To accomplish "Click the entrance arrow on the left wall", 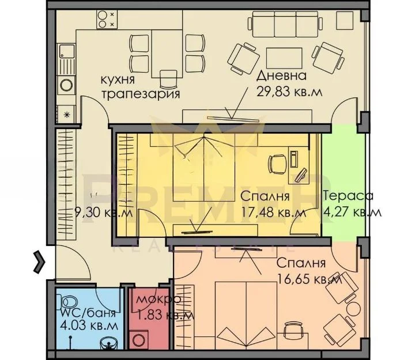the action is [39, 262].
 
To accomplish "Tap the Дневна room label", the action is [281, 76].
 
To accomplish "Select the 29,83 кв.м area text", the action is [289, 92].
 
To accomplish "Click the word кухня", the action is [118, 80].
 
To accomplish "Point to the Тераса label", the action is [348, 196].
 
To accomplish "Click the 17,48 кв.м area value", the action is [273, 212].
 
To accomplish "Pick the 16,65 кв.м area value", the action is [309, 279].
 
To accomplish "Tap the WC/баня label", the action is [88, 313].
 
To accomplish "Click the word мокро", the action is [159, 300].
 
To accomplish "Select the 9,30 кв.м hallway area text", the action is [103, 213].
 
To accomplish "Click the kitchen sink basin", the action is [66, 51].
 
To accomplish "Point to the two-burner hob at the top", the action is [107, 20].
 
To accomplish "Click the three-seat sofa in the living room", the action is [285, 24].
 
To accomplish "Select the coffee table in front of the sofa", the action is [284, 58].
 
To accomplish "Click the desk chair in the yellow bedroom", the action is [277, 164].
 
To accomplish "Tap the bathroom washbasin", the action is [109, 344].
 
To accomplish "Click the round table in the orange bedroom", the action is [353, 309].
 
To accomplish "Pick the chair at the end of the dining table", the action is [168, 79].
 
